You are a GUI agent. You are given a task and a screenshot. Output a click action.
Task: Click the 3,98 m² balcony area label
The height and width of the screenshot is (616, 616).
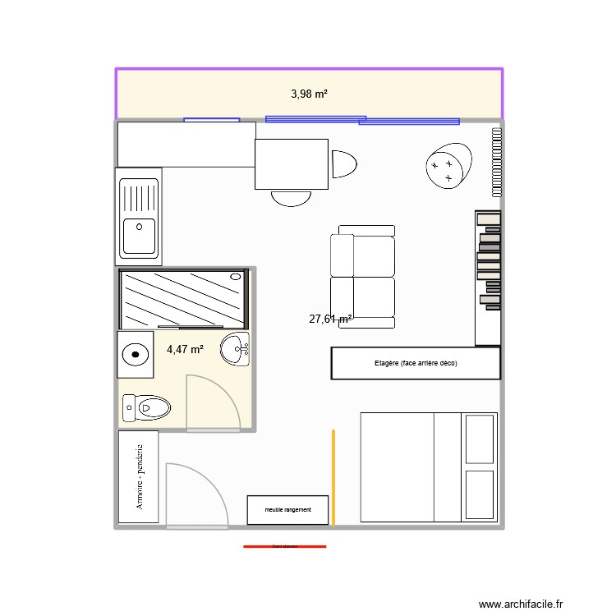pyautogui.click(x=309, y=94)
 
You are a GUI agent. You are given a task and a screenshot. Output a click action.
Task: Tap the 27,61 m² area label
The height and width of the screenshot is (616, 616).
pyautogui.click(x=331, y=319)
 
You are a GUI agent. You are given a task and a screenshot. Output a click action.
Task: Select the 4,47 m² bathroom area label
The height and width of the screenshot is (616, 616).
pyautogui.click(x=185, y=350)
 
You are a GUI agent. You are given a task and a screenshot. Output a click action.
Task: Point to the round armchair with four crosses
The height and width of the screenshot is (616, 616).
pyautogui.click(x=448, y=166)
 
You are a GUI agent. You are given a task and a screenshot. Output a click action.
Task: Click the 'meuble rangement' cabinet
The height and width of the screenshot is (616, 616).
pyautogui.click(x=288, y=510)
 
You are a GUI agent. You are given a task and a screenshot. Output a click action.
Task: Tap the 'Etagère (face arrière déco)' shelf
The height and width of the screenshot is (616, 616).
pyautogui.click(x=416, y=363)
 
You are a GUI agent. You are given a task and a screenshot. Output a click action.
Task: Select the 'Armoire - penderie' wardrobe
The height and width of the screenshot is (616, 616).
pyautogui.click(x=139, y=477)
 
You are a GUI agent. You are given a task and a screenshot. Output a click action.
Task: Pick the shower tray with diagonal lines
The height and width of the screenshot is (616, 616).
pyautogui.click(x=183, y=297)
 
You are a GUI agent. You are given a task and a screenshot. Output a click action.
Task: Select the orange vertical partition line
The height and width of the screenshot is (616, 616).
pyautogui.click(x=333, y=476)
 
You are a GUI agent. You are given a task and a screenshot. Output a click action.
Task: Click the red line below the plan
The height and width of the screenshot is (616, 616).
pyautogui.click(x=285, y=546)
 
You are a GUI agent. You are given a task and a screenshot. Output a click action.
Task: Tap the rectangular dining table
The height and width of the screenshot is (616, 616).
pyautogui.click(x=292, y=164)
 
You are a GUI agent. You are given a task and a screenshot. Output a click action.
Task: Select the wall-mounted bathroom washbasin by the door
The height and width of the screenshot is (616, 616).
pyautogui.click(x=236, y=349)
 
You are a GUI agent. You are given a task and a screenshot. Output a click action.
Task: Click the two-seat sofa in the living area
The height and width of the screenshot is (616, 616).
pyautogui.click(x=362, y=275)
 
